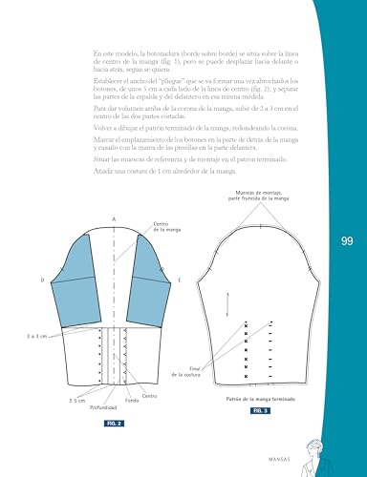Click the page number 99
346,242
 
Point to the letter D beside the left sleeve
43,280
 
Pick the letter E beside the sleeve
179,280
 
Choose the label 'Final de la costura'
204,372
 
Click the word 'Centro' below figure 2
149,395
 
